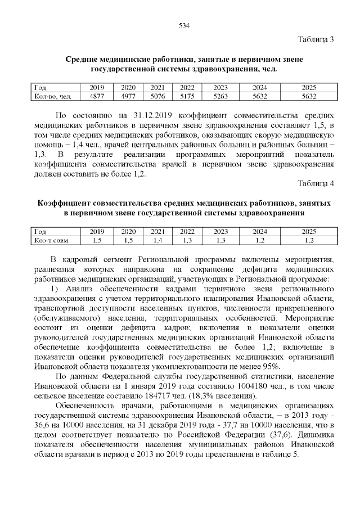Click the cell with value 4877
[x=97, y=96]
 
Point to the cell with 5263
[x=220, y=96]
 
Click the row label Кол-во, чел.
[x=52, y=96]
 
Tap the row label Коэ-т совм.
[x=52, y=240]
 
